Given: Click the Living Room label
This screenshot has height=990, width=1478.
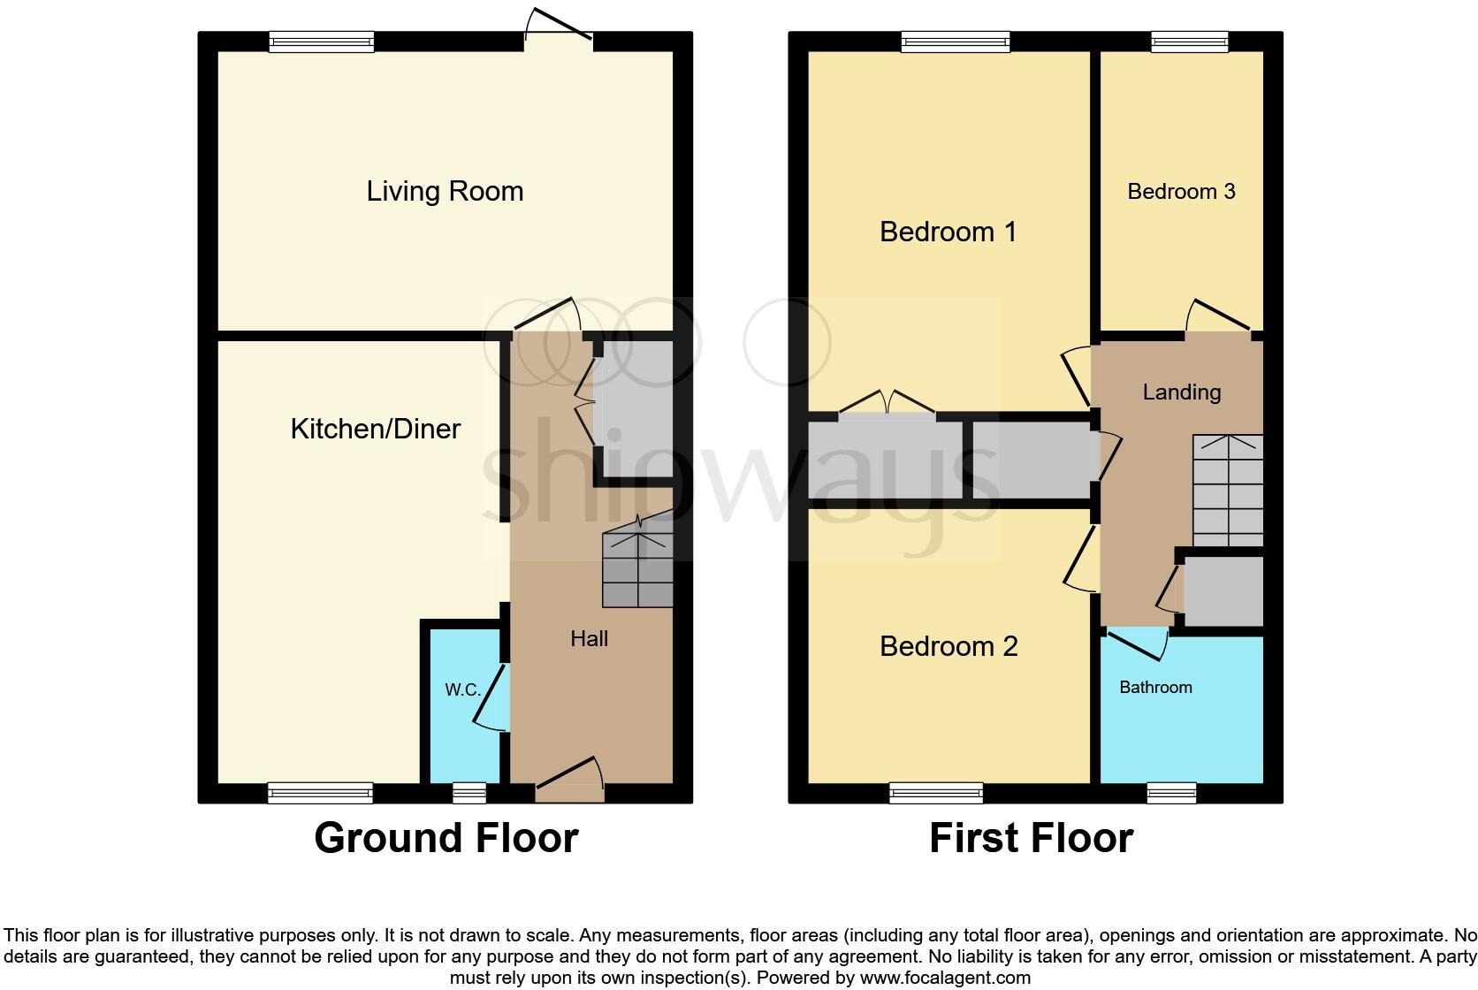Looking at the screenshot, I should coord(445,191).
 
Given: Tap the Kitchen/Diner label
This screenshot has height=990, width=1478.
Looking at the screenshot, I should coord(376,429).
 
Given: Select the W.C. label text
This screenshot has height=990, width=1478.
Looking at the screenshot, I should coord(462,690).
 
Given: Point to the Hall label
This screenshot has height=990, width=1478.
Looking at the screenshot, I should coord(589,638).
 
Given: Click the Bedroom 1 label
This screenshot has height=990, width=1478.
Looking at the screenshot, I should coord(948,232).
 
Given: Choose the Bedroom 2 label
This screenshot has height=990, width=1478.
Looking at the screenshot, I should coord(948,646).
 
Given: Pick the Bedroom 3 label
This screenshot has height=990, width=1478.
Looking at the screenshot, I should coord(1181,192).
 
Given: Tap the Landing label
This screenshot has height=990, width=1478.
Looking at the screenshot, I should coord(1181,392).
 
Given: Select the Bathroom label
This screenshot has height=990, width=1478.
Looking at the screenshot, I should coord(1155,687).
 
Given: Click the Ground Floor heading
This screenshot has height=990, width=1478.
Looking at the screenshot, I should coord(446,838).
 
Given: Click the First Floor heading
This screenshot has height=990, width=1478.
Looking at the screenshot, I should coord(1031,838).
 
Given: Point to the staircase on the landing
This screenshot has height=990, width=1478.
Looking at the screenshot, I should coord(1227,491).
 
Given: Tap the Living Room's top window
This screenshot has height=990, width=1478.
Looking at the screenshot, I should coord(322,42).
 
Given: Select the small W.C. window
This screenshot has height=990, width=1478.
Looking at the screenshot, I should coord(469,793).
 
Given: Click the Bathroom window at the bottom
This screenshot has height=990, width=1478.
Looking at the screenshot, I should coord(1171,793).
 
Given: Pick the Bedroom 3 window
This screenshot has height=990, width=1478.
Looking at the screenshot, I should coord(1189,42).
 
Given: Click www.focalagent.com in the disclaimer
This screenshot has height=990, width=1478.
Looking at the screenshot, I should coord(945,978).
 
